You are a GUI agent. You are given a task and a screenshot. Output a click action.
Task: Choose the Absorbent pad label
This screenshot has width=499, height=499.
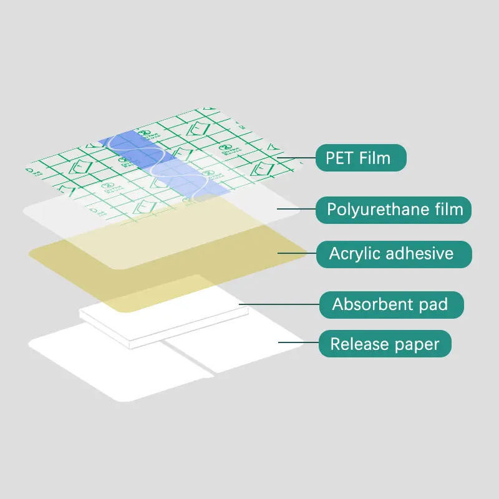[391, 304]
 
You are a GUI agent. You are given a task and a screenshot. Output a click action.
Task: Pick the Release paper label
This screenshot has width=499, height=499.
[385, 344]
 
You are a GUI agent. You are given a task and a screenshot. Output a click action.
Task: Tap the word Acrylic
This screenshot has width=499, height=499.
[353, 254]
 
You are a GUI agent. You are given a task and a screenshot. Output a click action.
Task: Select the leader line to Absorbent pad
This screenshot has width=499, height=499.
[278, 305]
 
